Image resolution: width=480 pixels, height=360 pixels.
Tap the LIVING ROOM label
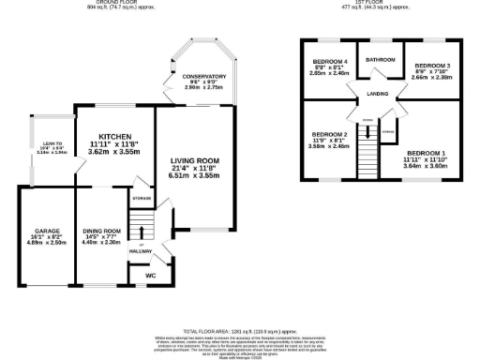[195, 159]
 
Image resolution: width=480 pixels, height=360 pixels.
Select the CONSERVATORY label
[205, 76]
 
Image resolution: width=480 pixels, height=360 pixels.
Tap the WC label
[150, 276]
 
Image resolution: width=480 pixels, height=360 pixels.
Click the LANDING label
[378, 94]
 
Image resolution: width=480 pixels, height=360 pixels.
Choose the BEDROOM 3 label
[427, 66]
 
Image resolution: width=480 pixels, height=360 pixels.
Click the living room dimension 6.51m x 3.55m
[195, 174]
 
